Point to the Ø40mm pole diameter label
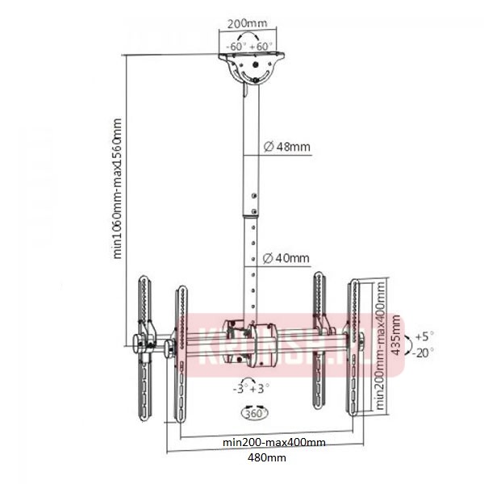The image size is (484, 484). click(286, 258)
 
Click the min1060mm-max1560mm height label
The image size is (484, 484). click(117, 190)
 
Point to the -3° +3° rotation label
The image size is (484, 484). click(252, 389)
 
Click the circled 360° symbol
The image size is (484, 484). click(252, 412)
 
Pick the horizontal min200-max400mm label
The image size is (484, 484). click(274, 443)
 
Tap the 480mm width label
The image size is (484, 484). click(266, 457)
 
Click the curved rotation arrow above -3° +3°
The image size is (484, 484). click(251, 377)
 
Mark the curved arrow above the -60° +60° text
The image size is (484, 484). click(249, 37)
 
